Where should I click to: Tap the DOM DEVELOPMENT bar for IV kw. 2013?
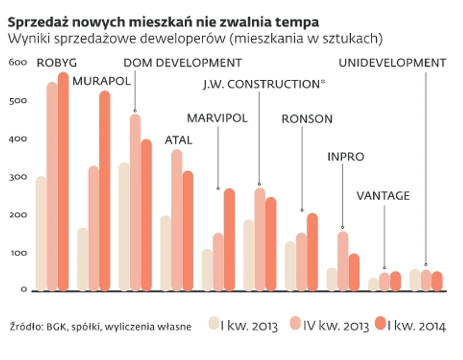[x=135, y=201]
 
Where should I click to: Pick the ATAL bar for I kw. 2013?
[x=166, y=253]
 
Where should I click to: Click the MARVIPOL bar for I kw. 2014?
[x=229, y=239]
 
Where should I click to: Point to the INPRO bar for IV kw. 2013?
[x=343, y=261]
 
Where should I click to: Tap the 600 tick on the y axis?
[x=18, y=63]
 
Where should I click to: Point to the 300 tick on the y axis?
[x=18, y=177]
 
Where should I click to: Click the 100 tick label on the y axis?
[x=18, y=252]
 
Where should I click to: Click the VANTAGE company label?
[x=383, y=196]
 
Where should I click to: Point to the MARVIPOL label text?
[x=217, y=118]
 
